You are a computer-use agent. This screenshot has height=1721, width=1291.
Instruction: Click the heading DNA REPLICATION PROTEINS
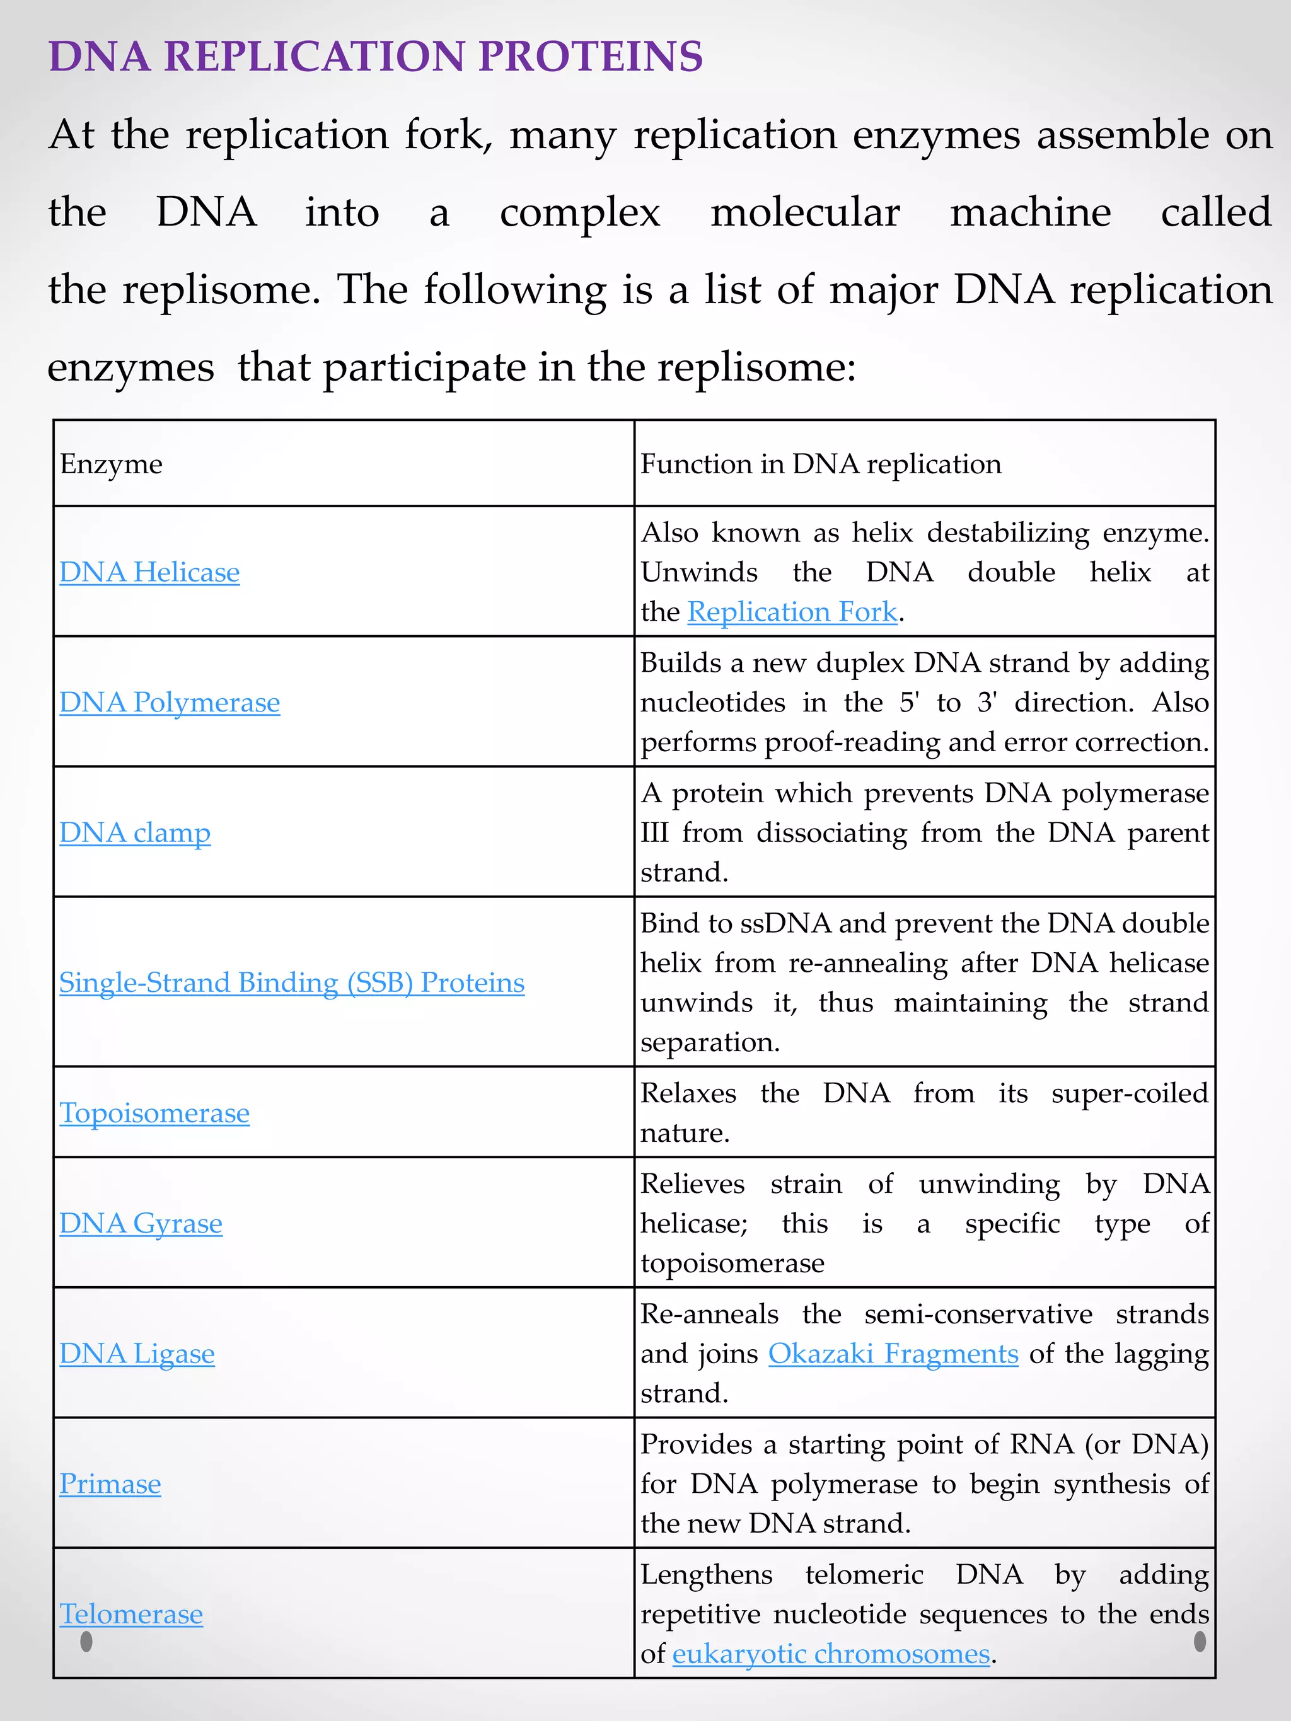coord(376,57)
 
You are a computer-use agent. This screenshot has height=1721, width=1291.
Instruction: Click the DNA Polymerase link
coord(170,703)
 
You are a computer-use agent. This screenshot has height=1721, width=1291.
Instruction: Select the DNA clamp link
coord(135,833)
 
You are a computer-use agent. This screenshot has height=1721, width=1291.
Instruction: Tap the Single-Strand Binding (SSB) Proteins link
coord(292,982)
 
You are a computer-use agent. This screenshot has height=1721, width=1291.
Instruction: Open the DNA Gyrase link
coord(141,1224)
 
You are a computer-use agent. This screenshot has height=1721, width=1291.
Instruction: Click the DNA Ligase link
coord(137,1354)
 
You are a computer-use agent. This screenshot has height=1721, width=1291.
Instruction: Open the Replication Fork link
coord(792,613)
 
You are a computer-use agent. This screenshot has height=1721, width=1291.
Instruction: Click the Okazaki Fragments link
coord(893,1354)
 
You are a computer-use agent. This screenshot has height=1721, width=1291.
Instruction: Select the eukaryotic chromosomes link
coord(831,1654)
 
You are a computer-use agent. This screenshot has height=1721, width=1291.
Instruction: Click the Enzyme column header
coord(112,464)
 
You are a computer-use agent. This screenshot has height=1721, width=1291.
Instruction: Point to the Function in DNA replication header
coord(821,464)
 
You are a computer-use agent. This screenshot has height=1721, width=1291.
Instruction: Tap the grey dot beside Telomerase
coord(86,1642)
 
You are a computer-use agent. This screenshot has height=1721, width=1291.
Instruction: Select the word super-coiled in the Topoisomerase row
coord(1130,1093)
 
